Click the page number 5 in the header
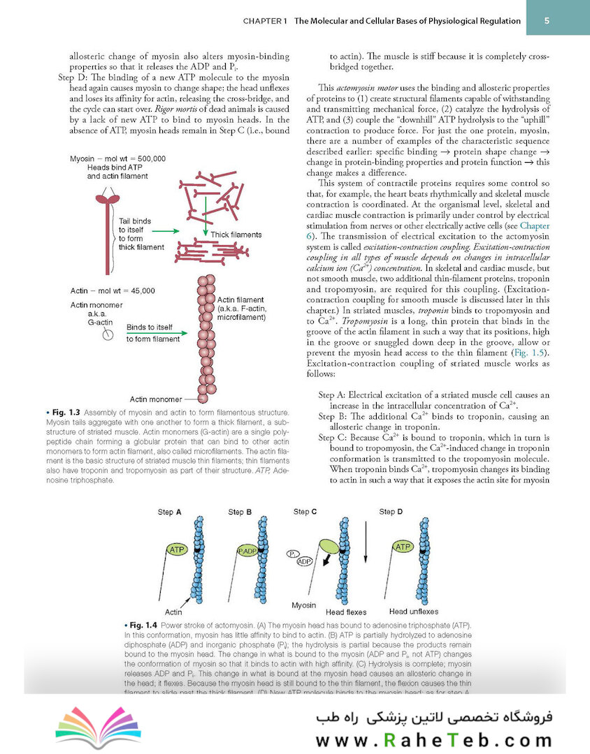(x=547, y=20)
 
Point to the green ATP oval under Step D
(x=403, y=547)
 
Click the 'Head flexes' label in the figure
(x=346, y=612)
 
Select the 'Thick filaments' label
(x=236, y=235)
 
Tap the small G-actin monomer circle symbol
(x=108, y=334)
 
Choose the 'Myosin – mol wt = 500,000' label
(x=118, y=159)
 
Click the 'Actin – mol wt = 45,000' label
(x=113, y=290)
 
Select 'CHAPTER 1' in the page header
(x=266, y=21)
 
